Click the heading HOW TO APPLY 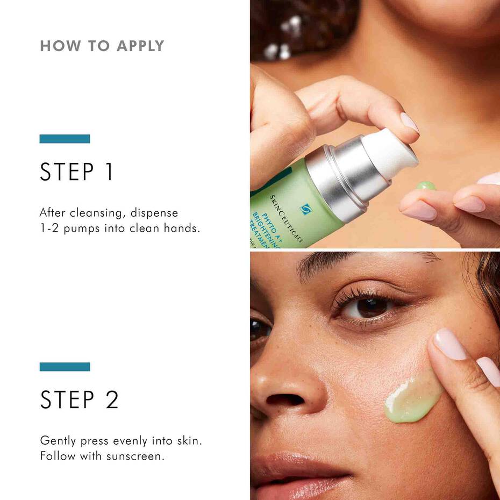coord(102,46)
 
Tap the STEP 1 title coord(76,172)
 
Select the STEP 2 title coord(79,399)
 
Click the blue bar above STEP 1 coord(65,139)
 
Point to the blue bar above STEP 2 coord(65,367)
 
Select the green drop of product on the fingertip coord(426,185)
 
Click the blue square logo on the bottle coord(306,209)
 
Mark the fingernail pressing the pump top coord(409,123)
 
